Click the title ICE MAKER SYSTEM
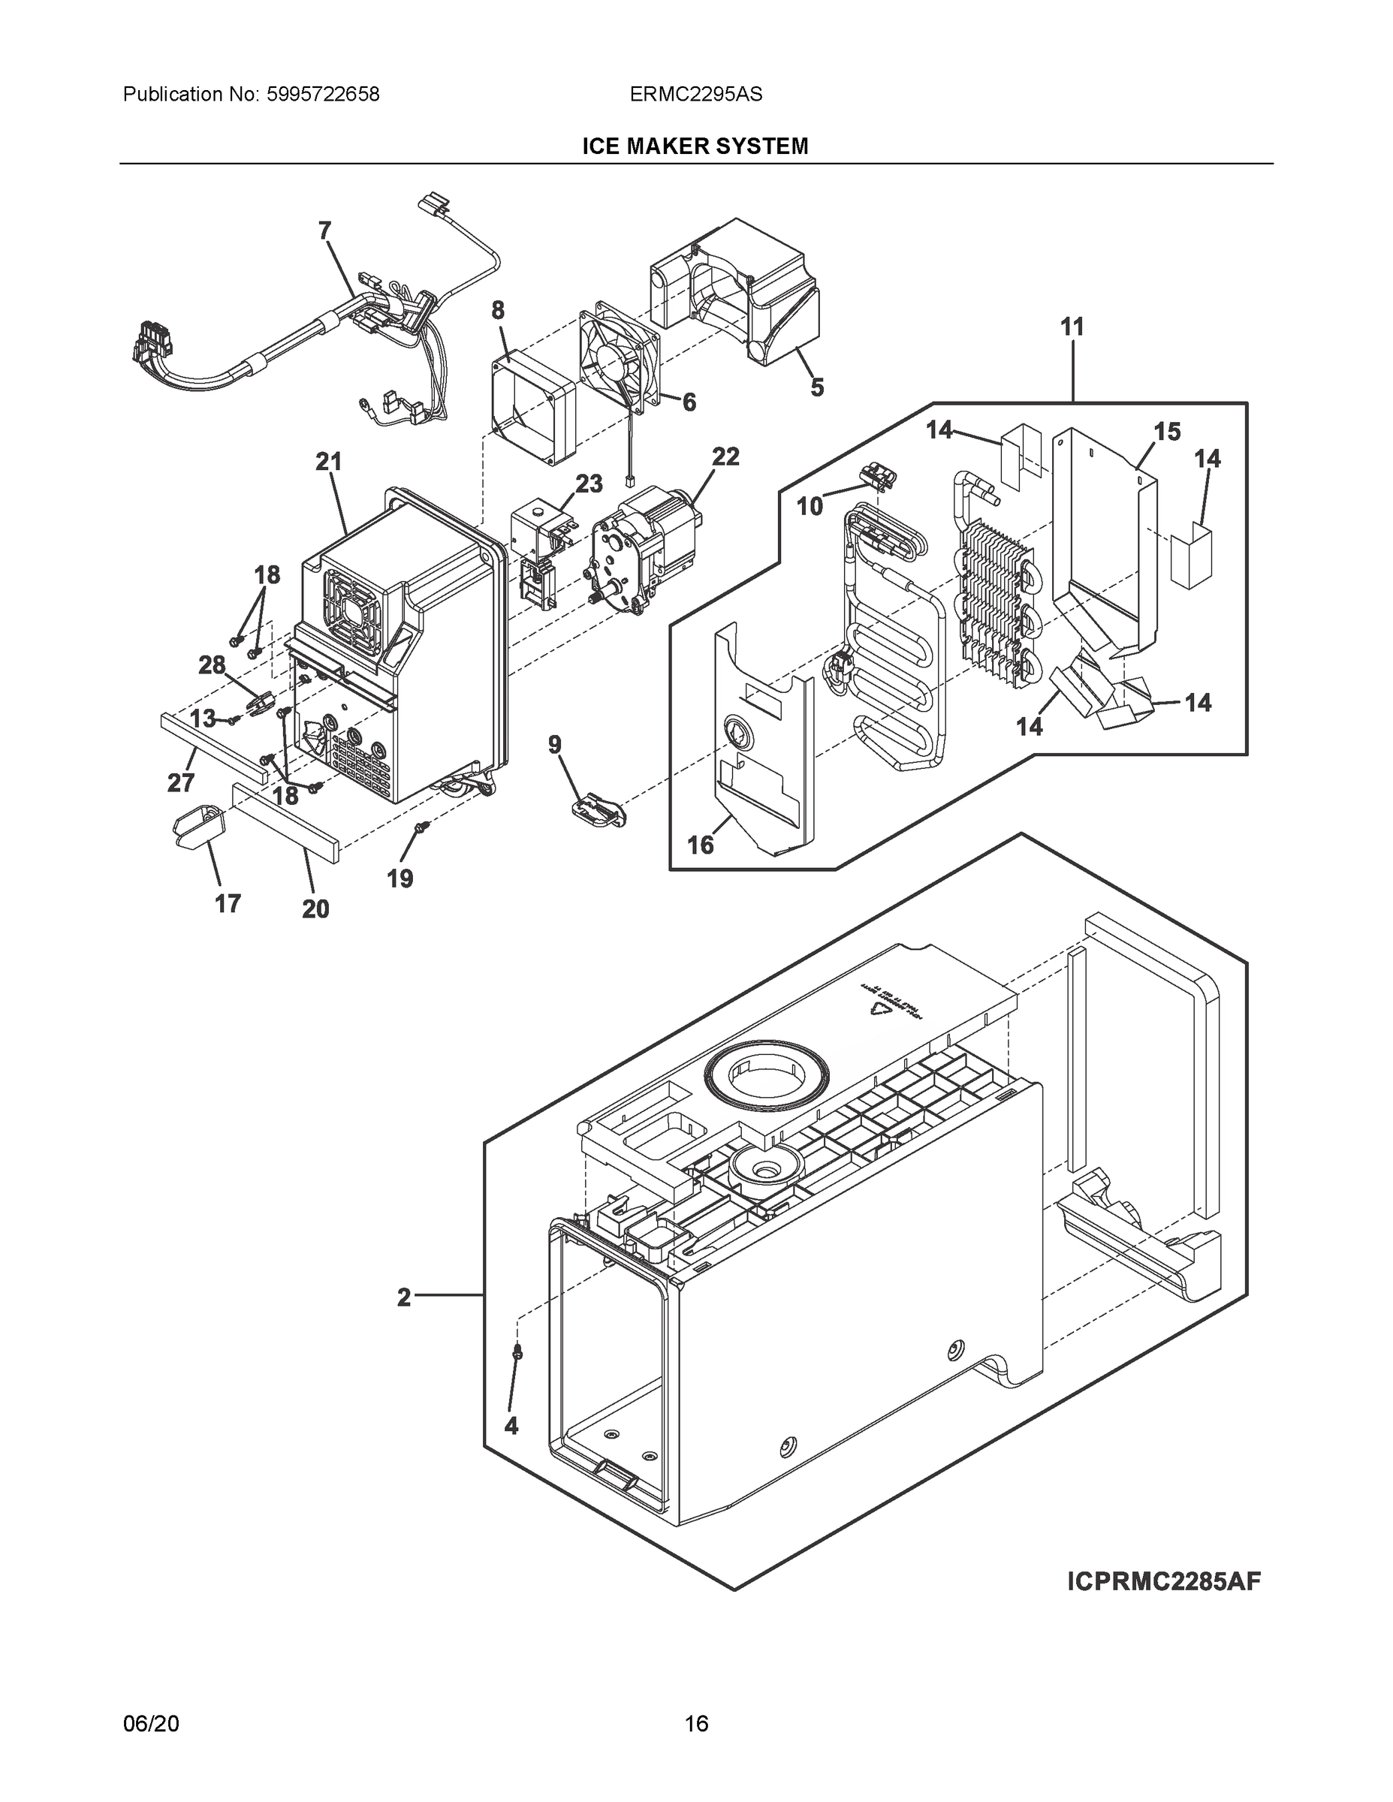pyautogui.click(x=695, y=146)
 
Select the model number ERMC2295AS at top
pyautogui.click(x=695, y=94)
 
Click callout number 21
pyautogui.click(x=328, y=462)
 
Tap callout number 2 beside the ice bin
pyautogui.click(x=403, y=1298)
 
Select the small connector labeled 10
pyautogui.click(x=876, y=476)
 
